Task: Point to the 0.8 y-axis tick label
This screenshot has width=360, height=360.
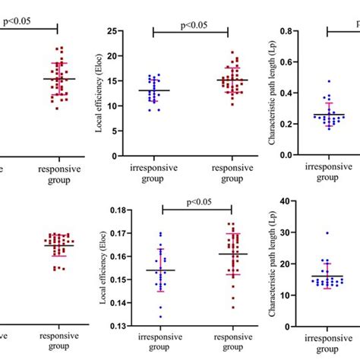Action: click(286, 31)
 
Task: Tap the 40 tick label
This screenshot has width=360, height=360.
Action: click(289, 201)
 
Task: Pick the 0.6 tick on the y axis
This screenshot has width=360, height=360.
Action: click(286, 62)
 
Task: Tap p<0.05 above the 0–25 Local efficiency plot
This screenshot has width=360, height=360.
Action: click(191, 25)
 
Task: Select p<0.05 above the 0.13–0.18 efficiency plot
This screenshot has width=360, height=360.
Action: click(195, 201)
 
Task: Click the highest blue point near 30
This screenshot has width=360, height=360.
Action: click(327, 233)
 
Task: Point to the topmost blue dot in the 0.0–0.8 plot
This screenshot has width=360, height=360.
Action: click(328, 81)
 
